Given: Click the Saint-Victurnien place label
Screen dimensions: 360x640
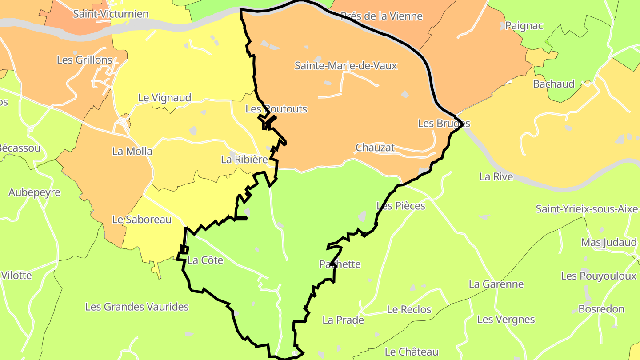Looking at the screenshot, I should [111, 14].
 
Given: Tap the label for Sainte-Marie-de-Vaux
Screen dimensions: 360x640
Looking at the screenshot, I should [346, 66].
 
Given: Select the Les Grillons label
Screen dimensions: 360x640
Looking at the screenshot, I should [84, 60].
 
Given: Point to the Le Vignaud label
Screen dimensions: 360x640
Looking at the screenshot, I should [164, 98].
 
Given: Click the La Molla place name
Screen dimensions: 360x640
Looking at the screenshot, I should [132, 151].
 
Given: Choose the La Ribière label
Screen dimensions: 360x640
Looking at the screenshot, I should [244, 160].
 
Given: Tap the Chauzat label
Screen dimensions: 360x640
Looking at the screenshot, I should [375, 148].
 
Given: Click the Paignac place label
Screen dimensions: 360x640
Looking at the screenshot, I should [524, 26].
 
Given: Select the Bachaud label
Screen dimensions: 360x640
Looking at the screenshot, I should [554, 84].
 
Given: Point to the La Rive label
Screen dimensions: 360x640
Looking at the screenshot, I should [496, 177].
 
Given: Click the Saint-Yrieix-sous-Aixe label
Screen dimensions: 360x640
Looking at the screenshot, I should [587, 209].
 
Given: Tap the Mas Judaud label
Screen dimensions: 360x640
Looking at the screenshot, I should [609, 243].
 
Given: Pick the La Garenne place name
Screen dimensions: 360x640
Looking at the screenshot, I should [496, 284].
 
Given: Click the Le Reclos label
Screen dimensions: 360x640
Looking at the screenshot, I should [409, 309].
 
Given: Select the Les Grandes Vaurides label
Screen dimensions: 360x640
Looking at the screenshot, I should [137, 307].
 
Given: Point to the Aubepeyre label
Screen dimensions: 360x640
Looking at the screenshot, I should [34, 192].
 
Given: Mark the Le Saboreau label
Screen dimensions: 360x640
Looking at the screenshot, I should [142, 220].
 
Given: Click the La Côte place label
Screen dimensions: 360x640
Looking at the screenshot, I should [205, 260].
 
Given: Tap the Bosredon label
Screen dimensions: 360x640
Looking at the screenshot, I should [601, 309].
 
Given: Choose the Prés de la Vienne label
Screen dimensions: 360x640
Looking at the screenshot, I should [381, 16].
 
